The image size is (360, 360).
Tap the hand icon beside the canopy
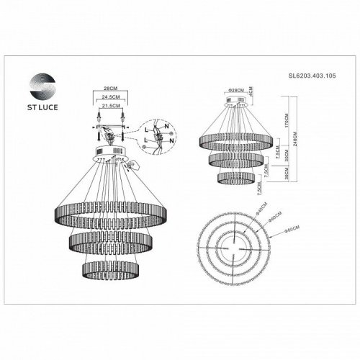pyautogui.click(x=127, y=166)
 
